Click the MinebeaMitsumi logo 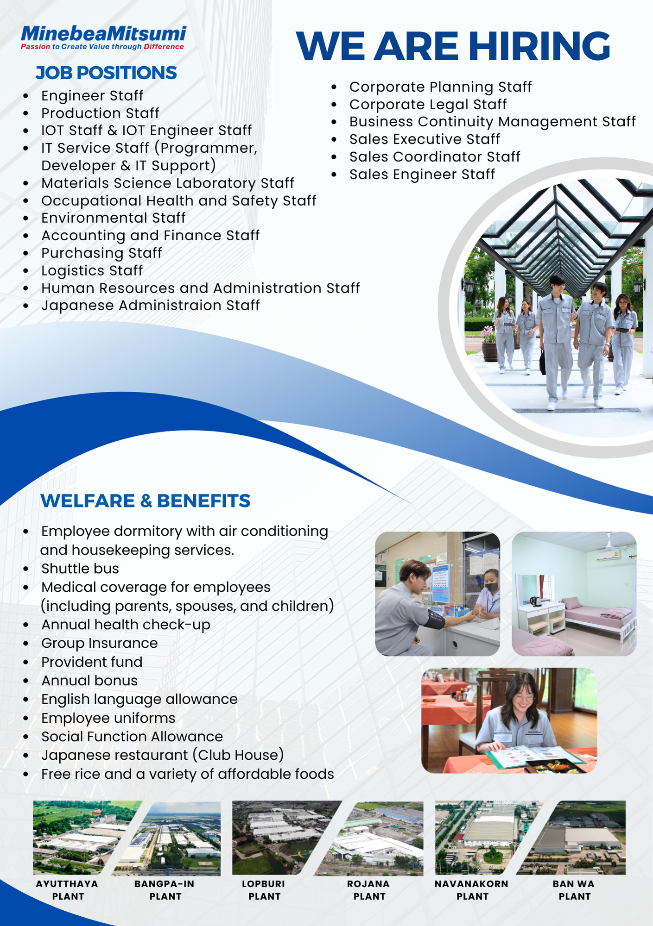point(103,38)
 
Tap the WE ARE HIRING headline point(453,46)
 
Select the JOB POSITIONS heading point(106,73)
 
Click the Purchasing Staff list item point(101,253)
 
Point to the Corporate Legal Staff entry point(428,104)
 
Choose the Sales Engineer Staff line point(422,174)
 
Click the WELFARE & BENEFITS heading point(146,501)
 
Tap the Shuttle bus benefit point(80,569)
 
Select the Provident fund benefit point(92,662)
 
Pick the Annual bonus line point(89,681)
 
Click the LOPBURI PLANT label point(264,890)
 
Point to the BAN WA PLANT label point(574,890)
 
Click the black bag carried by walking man point(542,362)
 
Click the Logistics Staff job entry point(92,270)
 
